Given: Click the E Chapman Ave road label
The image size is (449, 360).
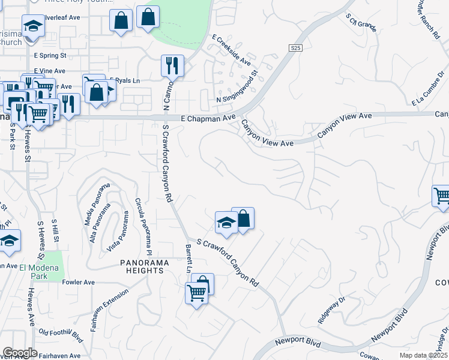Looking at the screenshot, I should (x=208, y=119).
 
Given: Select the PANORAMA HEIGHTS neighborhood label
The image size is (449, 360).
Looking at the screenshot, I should (x=142, y=266).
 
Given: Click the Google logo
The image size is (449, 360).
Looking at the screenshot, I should (x=20, y=353).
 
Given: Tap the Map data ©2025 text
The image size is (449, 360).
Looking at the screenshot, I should (x=423, y=355).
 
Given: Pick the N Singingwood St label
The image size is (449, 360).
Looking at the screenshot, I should (x=238, y=88).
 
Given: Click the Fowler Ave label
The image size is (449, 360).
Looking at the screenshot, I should (x=78, y=282).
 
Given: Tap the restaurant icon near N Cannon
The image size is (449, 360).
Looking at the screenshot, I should (x=173, y=65).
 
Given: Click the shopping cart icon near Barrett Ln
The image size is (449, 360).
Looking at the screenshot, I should (x=196, y=293).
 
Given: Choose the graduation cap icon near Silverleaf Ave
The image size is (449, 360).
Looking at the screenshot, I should (x=33, y=26).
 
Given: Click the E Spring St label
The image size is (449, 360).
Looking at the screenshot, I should (x=50, y=55).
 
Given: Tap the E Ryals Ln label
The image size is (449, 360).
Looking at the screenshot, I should (x=124, y=80).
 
